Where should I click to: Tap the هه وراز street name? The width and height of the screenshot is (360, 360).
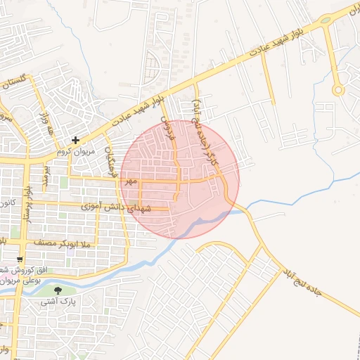46,124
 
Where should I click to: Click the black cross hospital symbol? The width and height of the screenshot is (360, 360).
75,141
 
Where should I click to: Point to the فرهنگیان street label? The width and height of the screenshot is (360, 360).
109,160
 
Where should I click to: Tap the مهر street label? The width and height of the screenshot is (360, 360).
129,181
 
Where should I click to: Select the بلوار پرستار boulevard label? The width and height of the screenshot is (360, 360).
27,205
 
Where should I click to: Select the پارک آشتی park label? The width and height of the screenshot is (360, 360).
58,302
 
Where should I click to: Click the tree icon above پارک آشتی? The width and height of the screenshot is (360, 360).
58,290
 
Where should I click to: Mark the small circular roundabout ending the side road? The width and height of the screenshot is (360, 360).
338,89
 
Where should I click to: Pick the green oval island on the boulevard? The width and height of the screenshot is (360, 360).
326,20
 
